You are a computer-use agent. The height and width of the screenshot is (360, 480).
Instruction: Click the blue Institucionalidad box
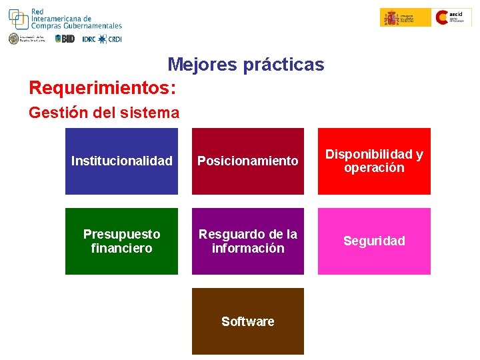121,161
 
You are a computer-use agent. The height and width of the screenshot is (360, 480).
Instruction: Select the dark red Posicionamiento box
247,161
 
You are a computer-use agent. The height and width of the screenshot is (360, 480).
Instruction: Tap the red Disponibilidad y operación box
374,161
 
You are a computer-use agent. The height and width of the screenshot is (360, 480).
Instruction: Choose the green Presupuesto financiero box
121,241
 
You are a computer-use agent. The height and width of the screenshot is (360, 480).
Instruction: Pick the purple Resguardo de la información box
247,241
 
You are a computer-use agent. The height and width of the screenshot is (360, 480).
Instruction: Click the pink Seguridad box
374,241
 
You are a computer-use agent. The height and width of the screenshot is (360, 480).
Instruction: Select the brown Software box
247,321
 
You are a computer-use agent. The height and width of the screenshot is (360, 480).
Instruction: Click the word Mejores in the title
199,65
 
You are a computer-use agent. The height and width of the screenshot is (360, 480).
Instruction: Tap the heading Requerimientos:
103,87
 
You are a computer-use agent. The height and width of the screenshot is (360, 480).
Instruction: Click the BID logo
65,39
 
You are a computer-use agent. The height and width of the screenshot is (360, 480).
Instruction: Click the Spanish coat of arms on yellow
390,17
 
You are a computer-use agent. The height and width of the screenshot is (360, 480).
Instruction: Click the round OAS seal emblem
14,39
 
